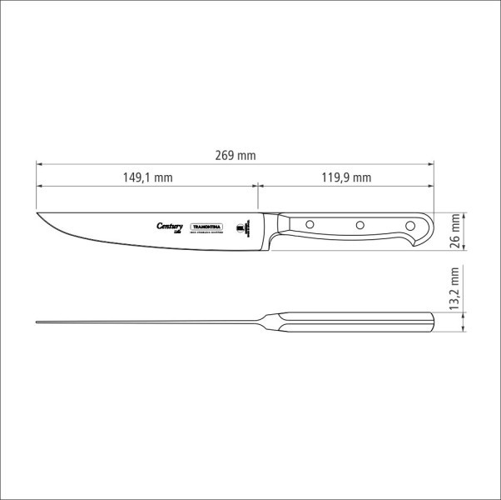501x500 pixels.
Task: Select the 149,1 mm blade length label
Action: coord(147,177)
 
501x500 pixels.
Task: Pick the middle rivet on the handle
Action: coord(360,224)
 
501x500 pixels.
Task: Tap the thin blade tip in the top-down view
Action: coord(38,322)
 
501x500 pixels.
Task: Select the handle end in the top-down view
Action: coord(433,322)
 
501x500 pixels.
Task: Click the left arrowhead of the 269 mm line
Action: coord(39,163)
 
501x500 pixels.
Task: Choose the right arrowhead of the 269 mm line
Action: coord(432,163)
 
